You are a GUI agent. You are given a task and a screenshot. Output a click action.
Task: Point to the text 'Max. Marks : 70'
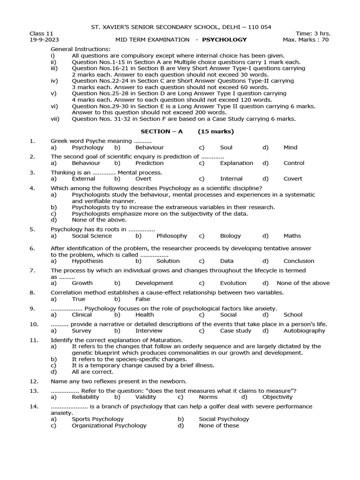[306, 40]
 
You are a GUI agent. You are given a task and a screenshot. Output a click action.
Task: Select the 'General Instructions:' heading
[81, 49]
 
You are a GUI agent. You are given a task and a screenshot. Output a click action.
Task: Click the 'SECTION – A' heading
[162, 131]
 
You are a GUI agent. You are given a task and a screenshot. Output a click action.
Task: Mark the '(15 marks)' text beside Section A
[216, 131]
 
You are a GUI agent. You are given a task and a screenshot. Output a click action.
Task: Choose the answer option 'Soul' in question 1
[226, 147]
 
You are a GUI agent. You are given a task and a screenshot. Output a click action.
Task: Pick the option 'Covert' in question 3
[293, 179]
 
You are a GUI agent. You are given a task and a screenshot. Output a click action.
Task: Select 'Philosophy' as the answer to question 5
[172, 236]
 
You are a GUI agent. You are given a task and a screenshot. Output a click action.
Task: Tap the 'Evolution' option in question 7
[233, 283]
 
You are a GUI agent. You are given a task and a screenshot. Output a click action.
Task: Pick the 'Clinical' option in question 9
[82, 315]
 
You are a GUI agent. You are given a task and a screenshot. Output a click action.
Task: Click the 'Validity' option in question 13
[146, 397]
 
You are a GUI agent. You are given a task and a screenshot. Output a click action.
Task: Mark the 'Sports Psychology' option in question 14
[97, 419]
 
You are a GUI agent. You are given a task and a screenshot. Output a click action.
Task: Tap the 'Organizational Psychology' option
[109, 426]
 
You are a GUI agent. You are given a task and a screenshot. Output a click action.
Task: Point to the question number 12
[33, 382]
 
